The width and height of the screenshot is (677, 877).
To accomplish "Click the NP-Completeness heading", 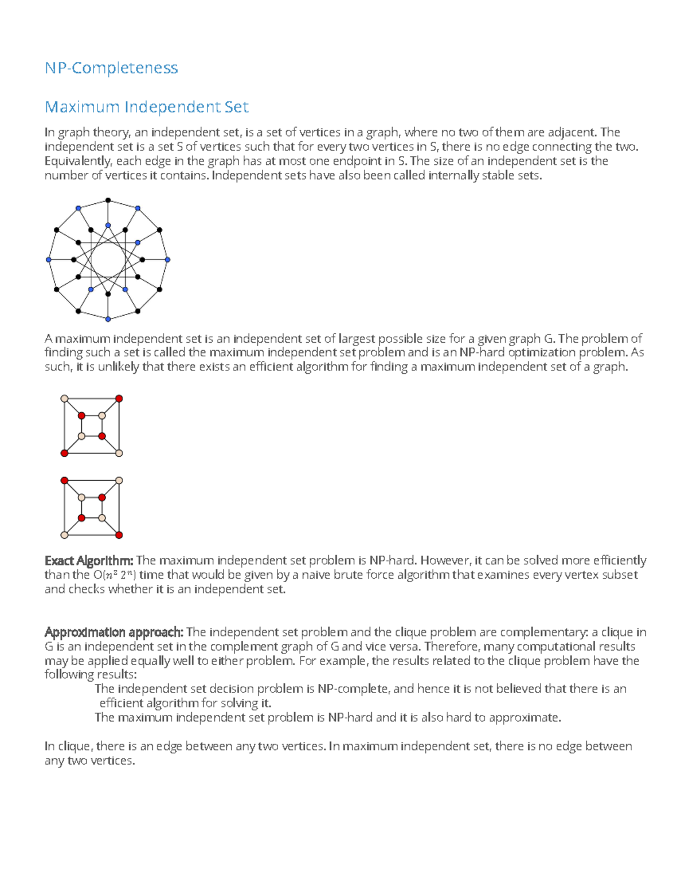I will pos(111,68).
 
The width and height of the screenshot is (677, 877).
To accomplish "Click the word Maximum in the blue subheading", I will pos(82,107).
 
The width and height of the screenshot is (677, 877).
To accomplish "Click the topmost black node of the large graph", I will pos(108,200).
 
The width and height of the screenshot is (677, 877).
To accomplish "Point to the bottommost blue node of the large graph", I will pos(108,319).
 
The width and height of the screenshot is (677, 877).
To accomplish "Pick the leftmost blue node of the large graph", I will pos(49,260).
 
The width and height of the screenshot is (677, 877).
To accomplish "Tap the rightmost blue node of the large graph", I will pos(168,260).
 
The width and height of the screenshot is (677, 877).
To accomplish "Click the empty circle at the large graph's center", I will pos(108,260).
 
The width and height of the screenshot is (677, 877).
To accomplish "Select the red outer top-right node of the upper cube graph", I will pos(119,399).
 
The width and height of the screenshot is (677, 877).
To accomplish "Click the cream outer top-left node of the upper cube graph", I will pos(64,399).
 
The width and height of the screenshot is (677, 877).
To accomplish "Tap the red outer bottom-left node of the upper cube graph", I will pos(64,453).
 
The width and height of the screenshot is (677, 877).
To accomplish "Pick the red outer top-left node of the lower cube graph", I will pos(64,481).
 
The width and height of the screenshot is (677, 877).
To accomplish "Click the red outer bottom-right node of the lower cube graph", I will pos(119,535).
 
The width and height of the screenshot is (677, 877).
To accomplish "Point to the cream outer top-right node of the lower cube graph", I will pos(119,481).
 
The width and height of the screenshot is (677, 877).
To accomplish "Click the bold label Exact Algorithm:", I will pos(89,561).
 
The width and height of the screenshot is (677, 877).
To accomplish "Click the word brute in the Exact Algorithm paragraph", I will pos(348,575).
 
